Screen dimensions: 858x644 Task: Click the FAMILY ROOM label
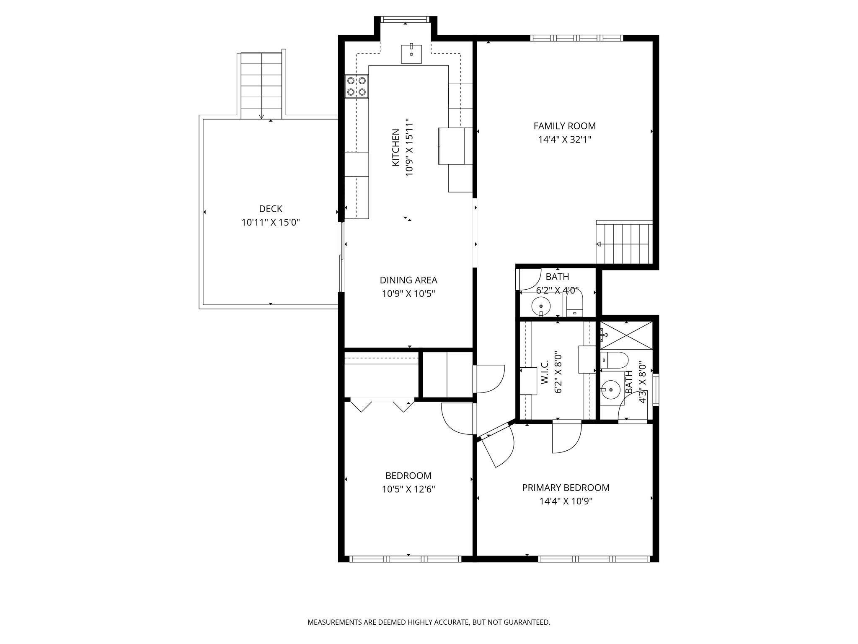click(564, 126)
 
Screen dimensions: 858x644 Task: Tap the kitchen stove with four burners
click(357, 86)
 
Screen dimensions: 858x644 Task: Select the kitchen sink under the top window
click(411, 53)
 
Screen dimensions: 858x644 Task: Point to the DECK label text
click(271, 209)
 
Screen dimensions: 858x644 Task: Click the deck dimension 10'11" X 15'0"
click(271, 223)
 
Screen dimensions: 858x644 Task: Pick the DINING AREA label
click(408, 280)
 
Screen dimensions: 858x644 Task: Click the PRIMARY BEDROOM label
click(566, 488)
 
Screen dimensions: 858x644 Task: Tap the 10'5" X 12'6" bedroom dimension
click(408, 489)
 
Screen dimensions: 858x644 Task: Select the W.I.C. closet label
click(545, 373)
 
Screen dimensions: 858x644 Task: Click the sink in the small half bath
click(541, 306)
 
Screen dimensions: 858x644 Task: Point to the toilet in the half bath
click(574, 305)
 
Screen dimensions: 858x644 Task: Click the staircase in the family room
click(624, 242)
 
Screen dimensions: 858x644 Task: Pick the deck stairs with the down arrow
click(261, 86)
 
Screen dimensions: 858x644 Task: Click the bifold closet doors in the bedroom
click(382, 405)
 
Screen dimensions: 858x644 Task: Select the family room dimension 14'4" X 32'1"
click(564, 139)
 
